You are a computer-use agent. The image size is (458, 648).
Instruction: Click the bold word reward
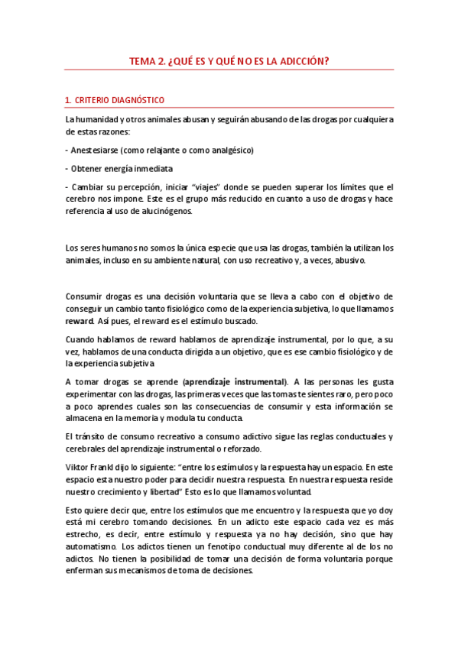pos(80,320)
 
